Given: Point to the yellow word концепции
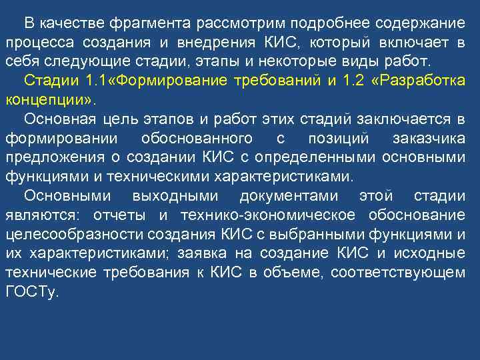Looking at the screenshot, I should (x=49, y=101).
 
